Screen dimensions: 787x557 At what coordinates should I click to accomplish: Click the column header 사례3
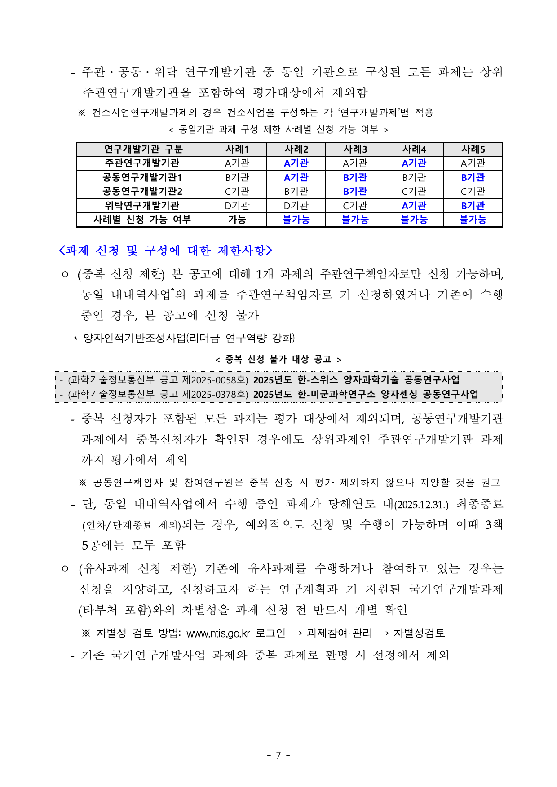point(355,149)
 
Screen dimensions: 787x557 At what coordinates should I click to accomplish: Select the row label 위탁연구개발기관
point(142,206)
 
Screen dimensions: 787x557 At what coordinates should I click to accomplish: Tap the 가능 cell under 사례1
point(237,220)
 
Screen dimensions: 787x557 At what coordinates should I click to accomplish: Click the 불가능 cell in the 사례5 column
point(473,220)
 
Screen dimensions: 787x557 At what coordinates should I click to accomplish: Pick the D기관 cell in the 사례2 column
point(296,206)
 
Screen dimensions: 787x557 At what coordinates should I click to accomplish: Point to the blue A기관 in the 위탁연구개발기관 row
point(414,206)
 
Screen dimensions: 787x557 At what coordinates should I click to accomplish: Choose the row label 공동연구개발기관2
point(142,191)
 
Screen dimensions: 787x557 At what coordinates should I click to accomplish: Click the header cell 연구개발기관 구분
point(142,149)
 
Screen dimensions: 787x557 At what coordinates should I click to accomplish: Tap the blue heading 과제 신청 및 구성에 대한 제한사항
point(165,250)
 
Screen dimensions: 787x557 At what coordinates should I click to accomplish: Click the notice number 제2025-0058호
point(215,380)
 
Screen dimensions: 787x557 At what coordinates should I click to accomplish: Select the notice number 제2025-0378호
point(215,394)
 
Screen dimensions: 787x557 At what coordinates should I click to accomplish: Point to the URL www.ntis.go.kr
point(218,633)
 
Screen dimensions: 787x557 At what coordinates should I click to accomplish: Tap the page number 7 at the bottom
point(278,755)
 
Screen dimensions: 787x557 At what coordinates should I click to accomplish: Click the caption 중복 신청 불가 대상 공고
point(278,359)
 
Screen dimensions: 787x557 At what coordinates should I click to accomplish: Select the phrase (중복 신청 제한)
point(121,274)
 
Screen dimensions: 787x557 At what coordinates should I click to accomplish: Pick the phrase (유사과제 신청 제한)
point(137,569)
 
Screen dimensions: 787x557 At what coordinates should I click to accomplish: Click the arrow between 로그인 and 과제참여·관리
point(296,633)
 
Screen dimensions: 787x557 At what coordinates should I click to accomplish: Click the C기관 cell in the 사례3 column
point(355,206)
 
